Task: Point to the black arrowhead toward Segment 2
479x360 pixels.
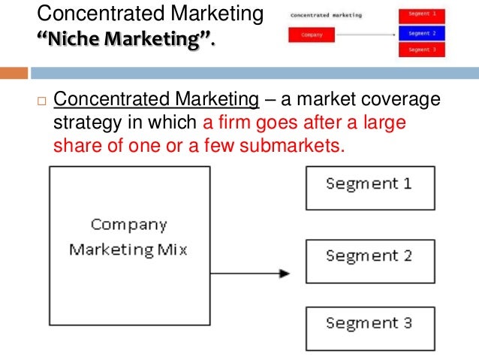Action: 285,274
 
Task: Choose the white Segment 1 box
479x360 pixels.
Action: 369,187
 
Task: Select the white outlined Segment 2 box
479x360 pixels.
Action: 369,260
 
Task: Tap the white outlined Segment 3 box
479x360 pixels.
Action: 369,327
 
